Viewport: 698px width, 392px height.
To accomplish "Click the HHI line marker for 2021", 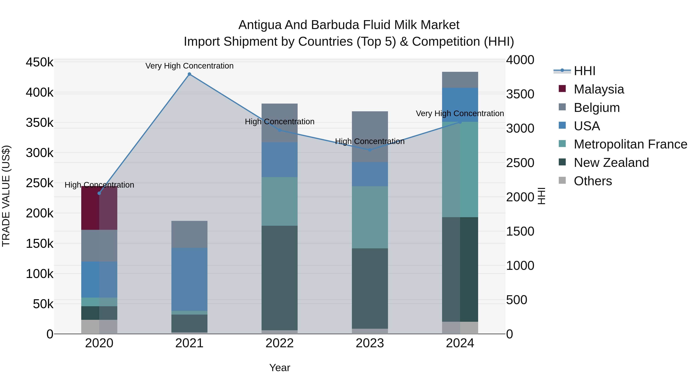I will click(189, 74).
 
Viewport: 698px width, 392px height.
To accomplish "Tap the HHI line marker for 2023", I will click(370, 150).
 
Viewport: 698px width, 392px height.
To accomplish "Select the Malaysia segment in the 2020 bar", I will click(99, 208).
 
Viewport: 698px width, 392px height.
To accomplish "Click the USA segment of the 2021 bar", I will click(189, 279).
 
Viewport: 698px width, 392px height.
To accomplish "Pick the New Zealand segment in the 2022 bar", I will click(280, 278).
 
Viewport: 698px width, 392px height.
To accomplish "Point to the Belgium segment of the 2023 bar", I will click(370, 137).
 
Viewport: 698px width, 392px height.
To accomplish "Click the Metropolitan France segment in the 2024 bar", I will click(460, 169).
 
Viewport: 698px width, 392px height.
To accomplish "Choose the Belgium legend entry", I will click(596, 108).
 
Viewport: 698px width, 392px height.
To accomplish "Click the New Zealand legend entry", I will click(611, 163).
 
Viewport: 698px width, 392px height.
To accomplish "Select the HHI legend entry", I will click(584, 71).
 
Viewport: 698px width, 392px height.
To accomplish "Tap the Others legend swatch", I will click(562, 180).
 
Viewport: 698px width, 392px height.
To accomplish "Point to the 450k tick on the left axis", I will click(40, 63).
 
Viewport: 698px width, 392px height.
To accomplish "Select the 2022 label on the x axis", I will click(280, 343).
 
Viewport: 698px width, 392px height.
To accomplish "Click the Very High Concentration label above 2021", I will click(189, 66).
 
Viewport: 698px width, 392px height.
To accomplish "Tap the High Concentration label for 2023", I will click(370, 141).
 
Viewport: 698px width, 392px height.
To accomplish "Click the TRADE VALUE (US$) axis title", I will click(6, 196).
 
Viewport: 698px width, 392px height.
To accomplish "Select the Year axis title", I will click(280, 368).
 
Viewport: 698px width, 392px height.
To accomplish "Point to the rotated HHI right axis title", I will click(541, 196).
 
